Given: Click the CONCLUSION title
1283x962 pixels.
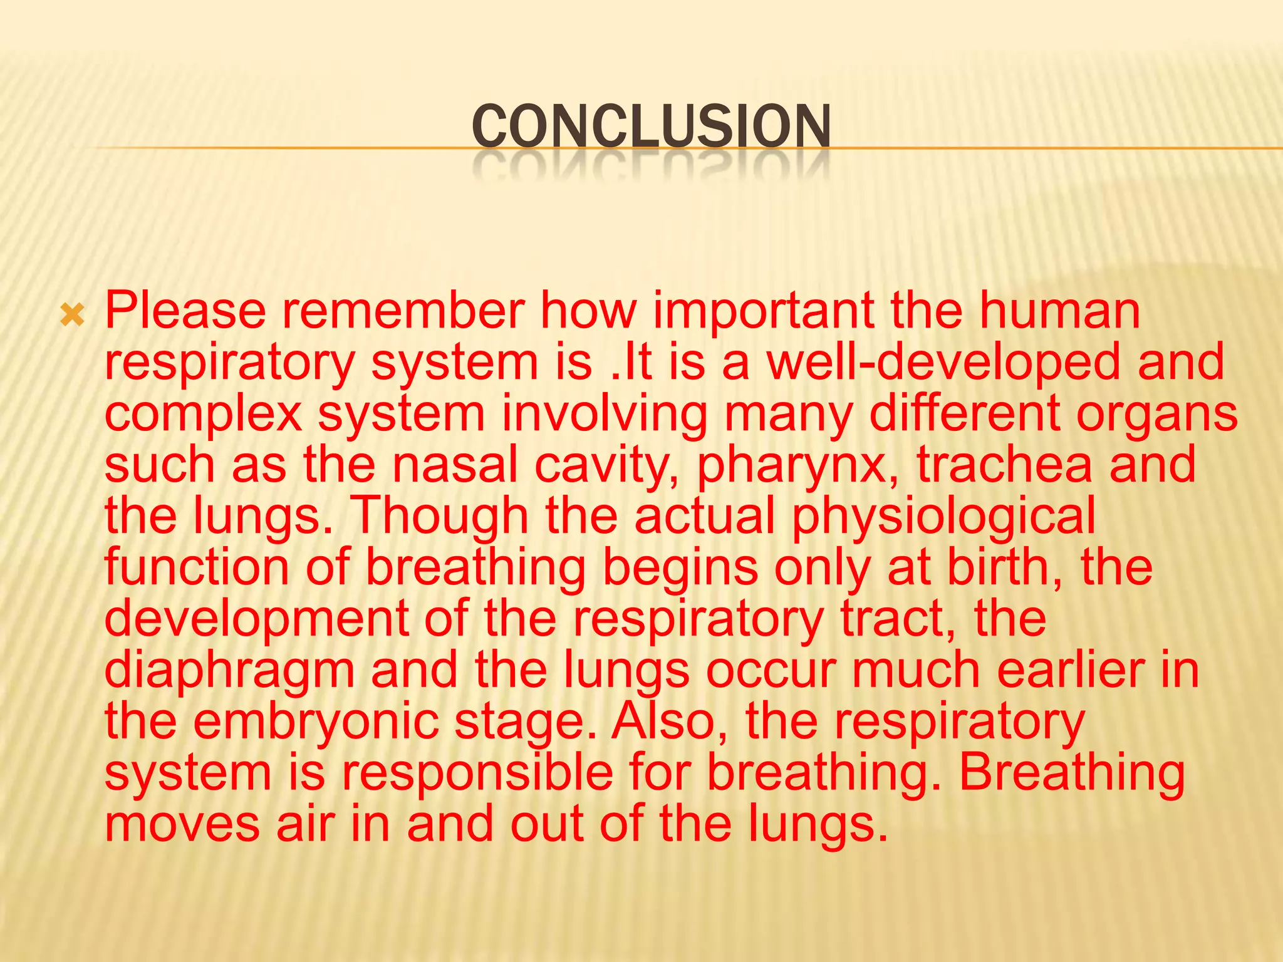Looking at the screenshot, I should (651, 127).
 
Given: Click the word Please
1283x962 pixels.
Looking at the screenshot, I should (185, 311).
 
